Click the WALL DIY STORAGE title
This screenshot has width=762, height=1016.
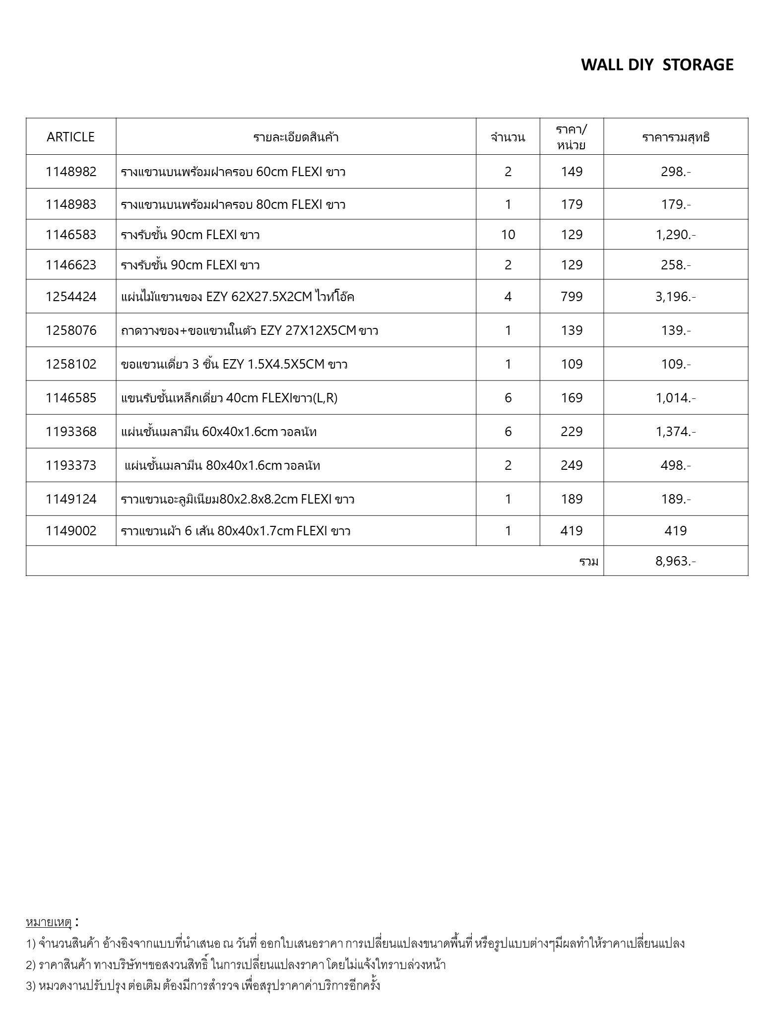point(657,65)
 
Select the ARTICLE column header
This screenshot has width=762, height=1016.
point(70,137)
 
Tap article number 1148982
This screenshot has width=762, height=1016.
point(71,172)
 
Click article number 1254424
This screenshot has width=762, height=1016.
point(71,297)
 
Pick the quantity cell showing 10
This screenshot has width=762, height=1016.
point(508,235)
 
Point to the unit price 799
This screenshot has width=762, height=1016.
point(571,297)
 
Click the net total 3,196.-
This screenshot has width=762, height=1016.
point(675,297)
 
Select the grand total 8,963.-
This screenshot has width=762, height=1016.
point(675,561)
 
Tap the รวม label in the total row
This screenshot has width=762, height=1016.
point(589,562)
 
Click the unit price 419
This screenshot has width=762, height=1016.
point(571,531)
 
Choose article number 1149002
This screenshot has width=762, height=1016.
point(71,531)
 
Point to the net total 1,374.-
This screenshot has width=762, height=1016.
point(675,432)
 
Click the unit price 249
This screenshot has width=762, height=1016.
point(571,465)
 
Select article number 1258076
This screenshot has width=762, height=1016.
point(71,330)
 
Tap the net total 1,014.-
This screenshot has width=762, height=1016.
point(675,398)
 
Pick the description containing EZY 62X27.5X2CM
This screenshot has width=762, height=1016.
point(238,297)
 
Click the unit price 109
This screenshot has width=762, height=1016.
point(571,364)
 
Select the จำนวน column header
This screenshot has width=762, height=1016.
point(508,137)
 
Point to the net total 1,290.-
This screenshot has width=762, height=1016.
point(675,235)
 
